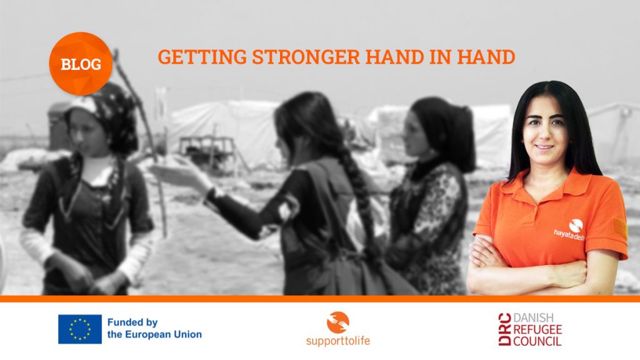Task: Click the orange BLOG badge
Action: click(81, 64)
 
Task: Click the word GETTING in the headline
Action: click(202, 57)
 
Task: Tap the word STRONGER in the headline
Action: click(306, 57)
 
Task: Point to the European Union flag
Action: click(80, 329)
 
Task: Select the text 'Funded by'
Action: click(132, 322)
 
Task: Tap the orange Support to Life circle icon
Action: click(338, 322)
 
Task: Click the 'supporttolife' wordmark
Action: click(338, 341)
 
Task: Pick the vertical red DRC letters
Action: click(504, 329)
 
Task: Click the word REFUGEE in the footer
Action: click(537, 329)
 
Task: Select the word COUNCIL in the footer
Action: click(537, 341)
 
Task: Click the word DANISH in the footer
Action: click(534, 318)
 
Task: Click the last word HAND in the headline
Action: click(486, 57)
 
